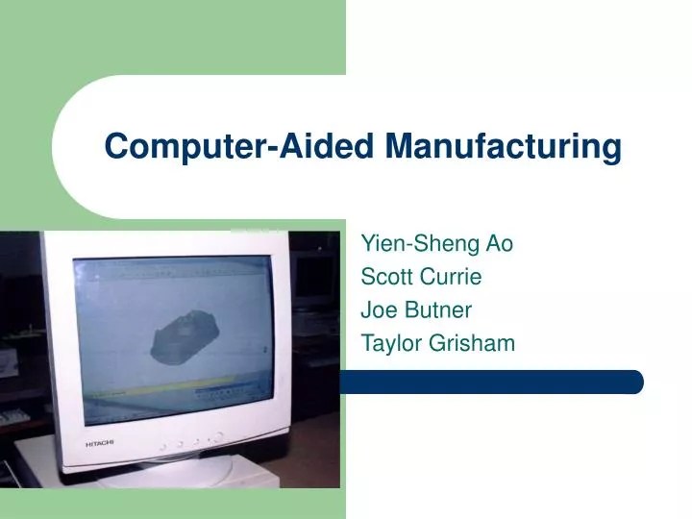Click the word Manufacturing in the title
tap(504, 147)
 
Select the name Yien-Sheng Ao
tap(436, 244)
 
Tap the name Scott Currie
tap(421, 278)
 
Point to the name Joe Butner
tap(415, 310)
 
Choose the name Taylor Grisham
tap(437, 343)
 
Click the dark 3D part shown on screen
tap(191, 332)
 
